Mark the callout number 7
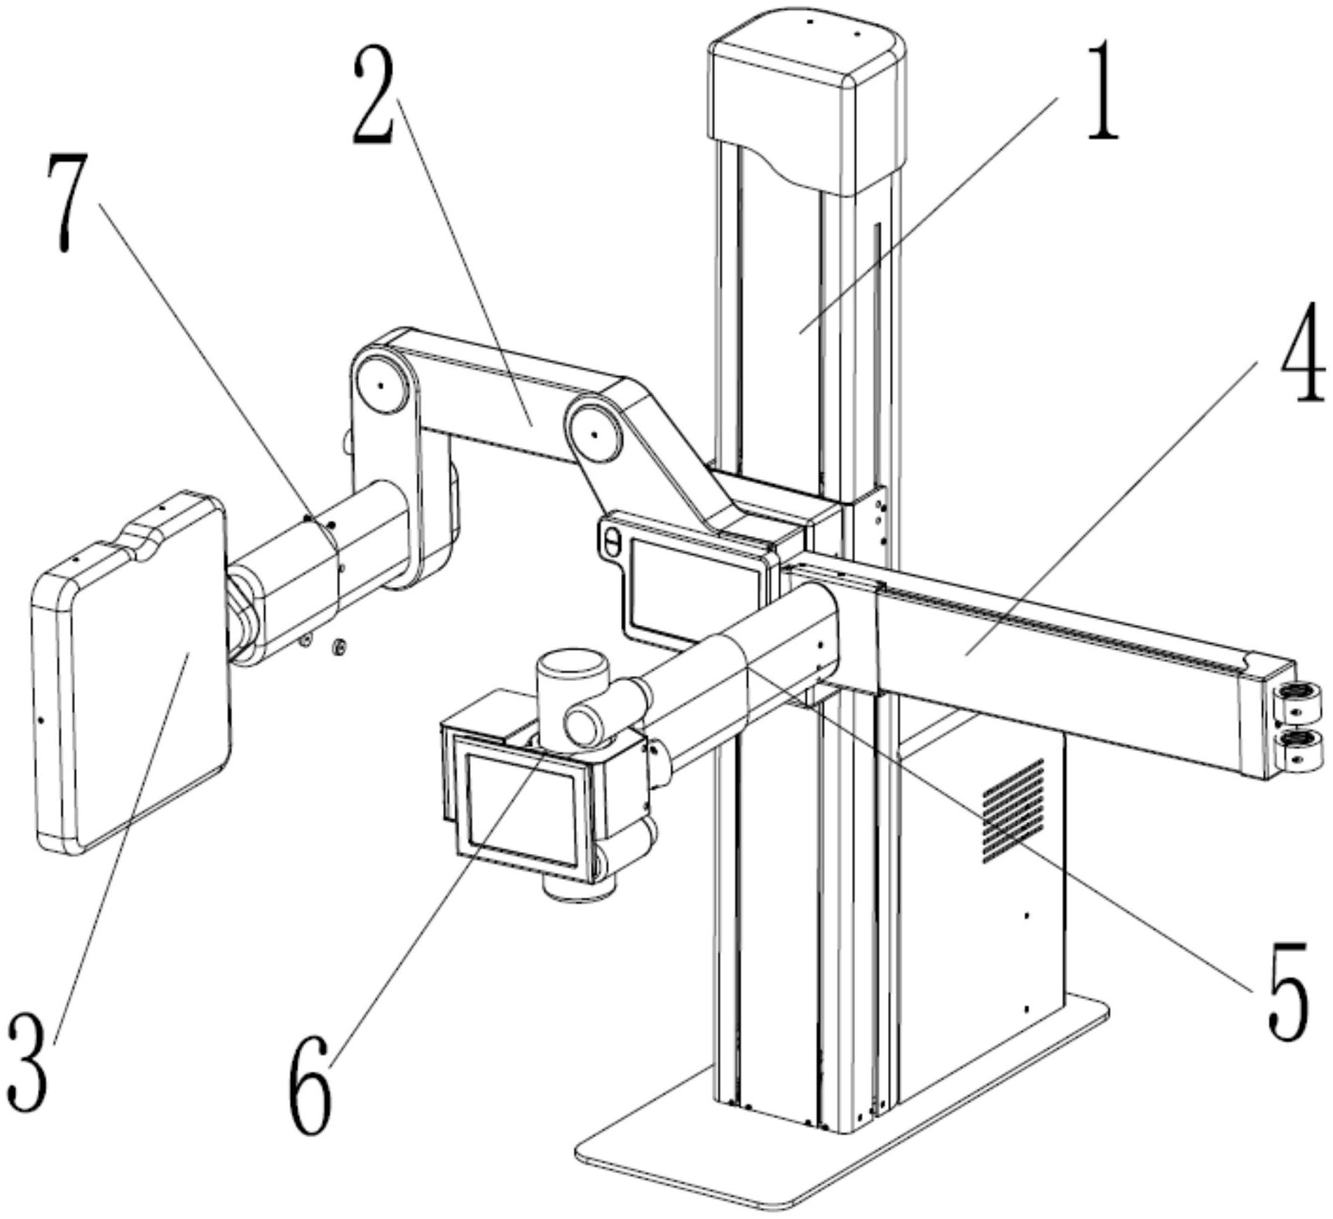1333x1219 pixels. point(69,203)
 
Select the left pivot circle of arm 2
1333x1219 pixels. point(381,385)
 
